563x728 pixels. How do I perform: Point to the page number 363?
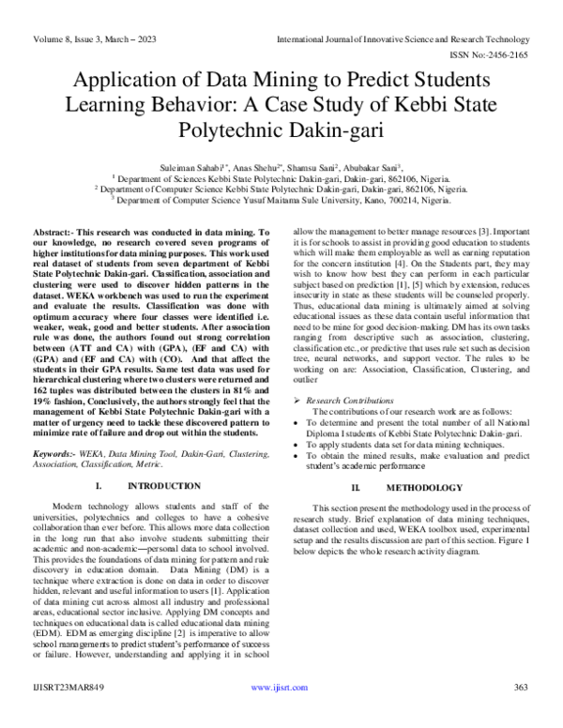tap(521, 715)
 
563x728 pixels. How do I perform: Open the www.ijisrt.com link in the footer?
tap(280, 715)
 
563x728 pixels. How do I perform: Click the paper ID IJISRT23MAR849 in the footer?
tap(68, 715)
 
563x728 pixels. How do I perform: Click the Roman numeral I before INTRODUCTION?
tap(99, 486)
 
